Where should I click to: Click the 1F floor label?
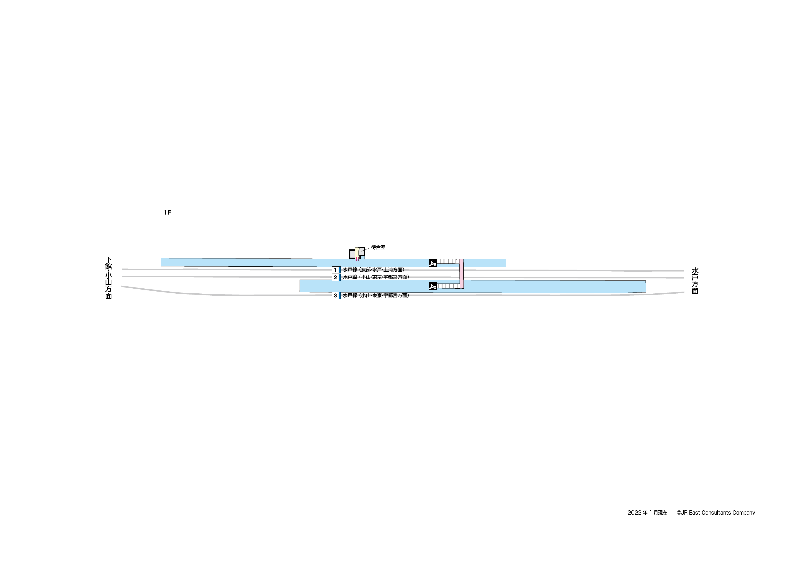coord(167,212)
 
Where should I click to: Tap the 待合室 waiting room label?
coord(378,247)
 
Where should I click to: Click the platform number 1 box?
coord(335,270)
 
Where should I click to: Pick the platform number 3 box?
coord(335,295)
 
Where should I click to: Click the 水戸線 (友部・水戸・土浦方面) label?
coord(374,270)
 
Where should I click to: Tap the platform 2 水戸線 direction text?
coord(376,277)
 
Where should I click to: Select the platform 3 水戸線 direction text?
coord(376,295)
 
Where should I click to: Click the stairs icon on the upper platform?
coord(433,263)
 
